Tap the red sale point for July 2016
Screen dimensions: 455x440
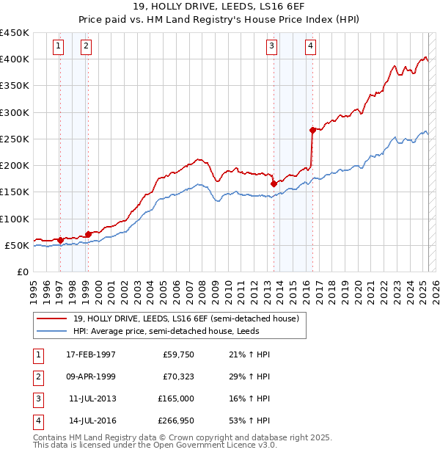[x=312, y=130]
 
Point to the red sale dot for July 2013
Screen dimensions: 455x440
[x=274, y=184]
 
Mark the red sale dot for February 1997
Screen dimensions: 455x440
[x=59, y=240]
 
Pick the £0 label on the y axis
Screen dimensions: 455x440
[x=22, y=272]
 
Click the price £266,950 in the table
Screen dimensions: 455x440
[x=174, y=421]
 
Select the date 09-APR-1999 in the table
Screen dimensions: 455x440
[x=90, y=376]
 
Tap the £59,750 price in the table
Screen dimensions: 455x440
[x=176, y=354]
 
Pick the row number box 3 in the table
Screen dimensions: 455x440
[x=37, y=398]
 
